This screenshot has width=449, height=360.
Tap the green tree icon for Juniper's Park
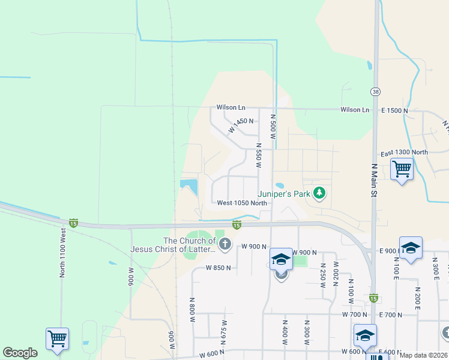pos(321,193)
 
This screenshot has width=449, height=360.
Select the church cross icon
pos(224,243)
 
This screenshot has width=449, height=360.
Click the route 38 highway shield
pos(375,91)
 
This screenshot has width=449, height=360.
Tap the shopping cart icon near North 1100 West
pos(57,338)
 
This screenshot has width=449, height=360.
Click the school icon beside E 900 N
pos(411,248)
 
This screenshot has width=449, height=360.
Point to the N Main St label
pos(373,180)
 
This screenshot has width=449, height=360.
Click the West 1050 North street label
pos(242,203)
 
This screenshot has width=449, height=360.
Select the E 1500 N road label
pos(394,110)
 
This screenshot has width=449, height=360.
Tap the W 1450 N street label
pos(241,125)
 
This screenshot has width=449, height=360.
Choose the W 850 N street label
pos(218,268)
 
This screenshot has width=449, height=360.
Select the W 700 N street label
pos(354,314)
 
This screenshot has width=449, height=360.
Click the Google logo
pos(20,353)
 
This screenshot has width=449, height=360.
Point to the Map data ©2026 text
pos(424,355)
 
